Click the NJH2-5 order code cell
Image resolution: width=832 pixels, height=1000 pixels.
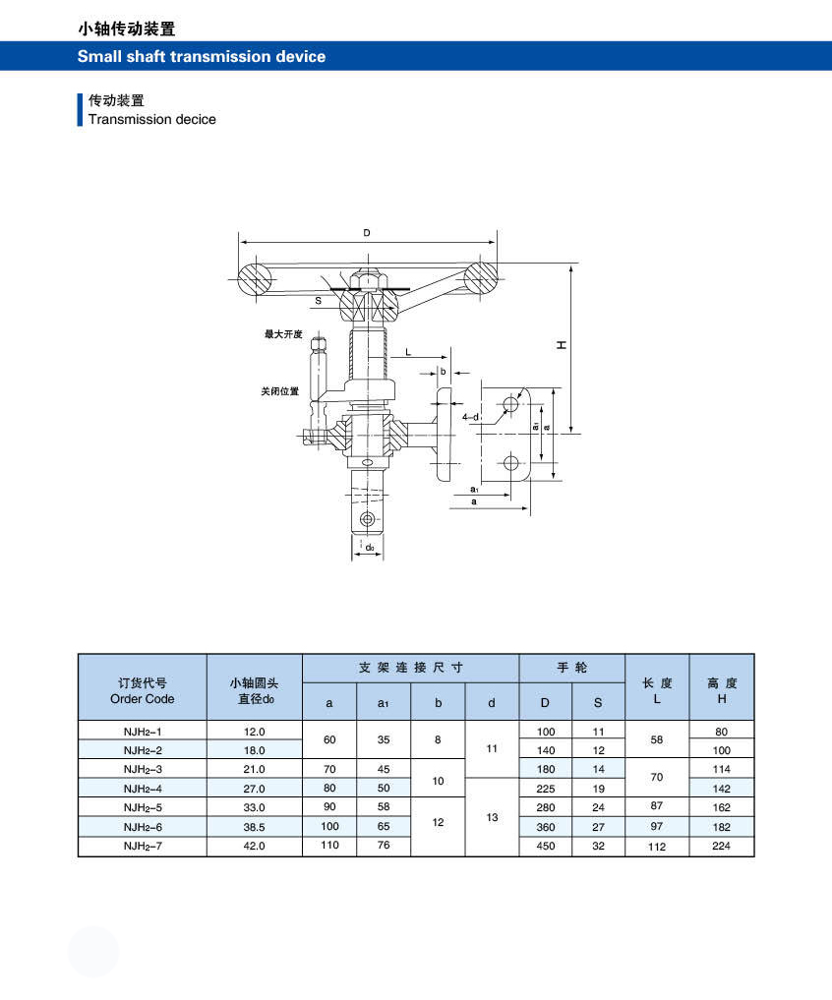click(143, 807)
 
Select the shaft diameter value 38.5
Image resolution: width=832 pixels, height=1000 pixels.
click(254, 827)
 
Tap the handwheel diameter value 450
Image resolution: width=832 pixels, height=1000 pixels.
click(546, 846)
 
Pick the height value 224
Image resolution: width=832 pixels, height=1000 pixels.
click(721, 846)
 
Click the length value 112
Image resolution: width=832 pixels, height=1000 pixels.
click(657, 847)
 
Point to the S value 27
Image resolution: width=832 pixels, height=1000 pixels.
click(598, 827)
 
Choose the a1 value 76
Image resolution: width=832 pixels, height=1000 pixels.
click(384, 845)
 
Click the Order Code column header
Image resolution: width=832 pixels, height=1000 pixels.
click(143, 690)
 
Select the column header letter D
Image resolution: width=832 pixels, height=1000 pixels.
click(545, 703)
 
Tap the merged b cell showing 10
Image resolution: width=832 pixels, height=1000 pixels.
click(438, 781)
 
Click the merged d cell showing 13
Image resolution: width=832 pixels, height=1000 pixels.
click(492, 817)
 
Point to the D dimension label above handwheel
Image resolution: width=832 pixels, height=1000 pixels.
click(367, 233)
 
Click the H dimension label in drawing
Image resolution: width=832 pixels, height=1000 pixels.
click(562, 345)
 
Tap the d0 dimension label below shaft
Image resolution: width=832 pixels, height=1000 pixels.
click(370, 547)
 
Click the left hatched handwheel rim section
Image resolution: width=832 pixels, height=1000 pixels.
click(255, 278)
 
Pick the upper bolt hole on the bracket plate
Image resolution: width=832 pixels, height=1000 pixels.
click(510, 404)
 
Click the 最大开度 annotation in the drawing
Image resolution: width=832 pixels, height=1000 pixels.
click(283, 334)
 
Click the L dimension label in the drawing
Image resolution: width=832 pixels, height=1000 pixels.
click(408, 352)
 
